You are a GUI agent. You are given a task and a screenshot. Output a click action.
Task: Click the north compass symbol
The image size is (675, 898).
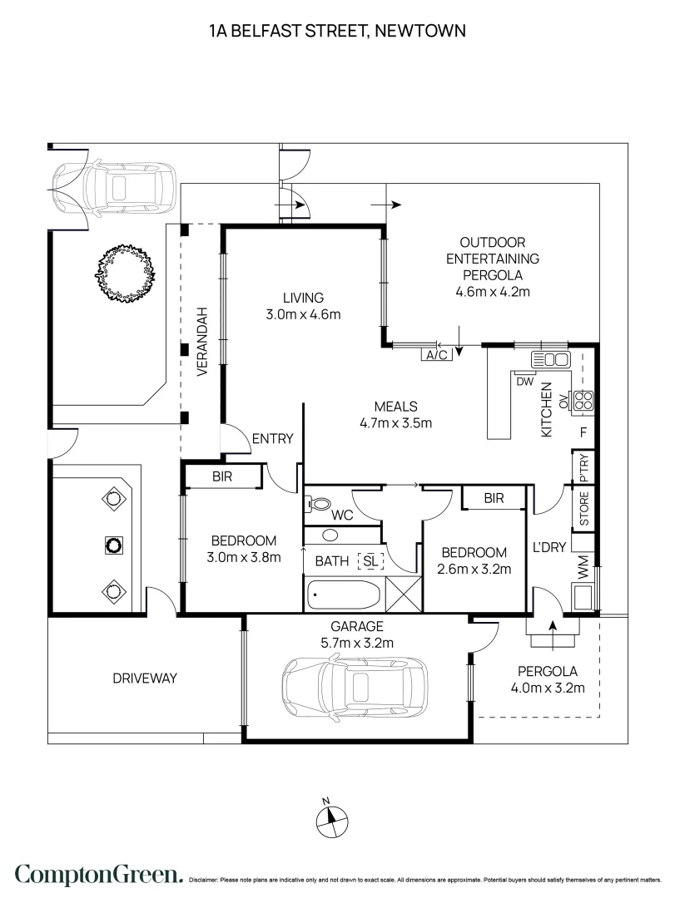pyautogui.click(x=331, y=818)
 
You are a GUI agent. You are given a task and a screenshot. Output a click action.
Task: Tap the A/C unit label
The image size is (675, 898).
pyautogui.click(x=436, y=355)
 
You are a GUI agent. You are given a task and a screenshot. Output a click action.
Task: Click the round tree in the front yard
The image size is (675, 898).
pyautogui.click(x=127, y=272)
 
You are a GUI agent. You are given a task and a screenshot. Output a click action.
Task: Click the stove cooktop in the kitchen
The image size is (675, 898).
pyautogui.click(x=583, y=402)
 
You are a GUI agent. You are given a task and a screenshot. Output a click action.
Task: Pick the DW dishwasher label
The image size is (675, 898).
pyautogui.click(x=524, y=382)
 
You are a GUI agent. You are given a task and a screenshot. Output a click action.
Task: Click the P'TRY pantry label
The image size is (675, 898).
pyautogui.click(x=584, y=467)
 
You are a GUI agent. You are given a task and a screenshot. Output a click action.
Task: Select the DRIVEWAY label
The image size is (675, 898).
pyautogui.click(x=145, y=678)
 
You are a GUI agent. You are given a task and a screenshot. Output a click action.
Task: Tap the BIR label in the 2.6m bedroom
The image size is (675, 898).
pyautogui.click(x=494, y=498)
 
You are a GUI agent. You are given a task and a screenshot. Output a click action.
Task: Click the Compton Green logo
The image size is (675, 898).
pyautogui.click(x=98, y=874)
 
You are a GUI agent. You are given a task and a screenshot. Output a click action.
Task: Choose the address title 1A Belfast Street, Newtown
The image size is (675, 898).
pyautogui.click(x=337, y=32)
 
